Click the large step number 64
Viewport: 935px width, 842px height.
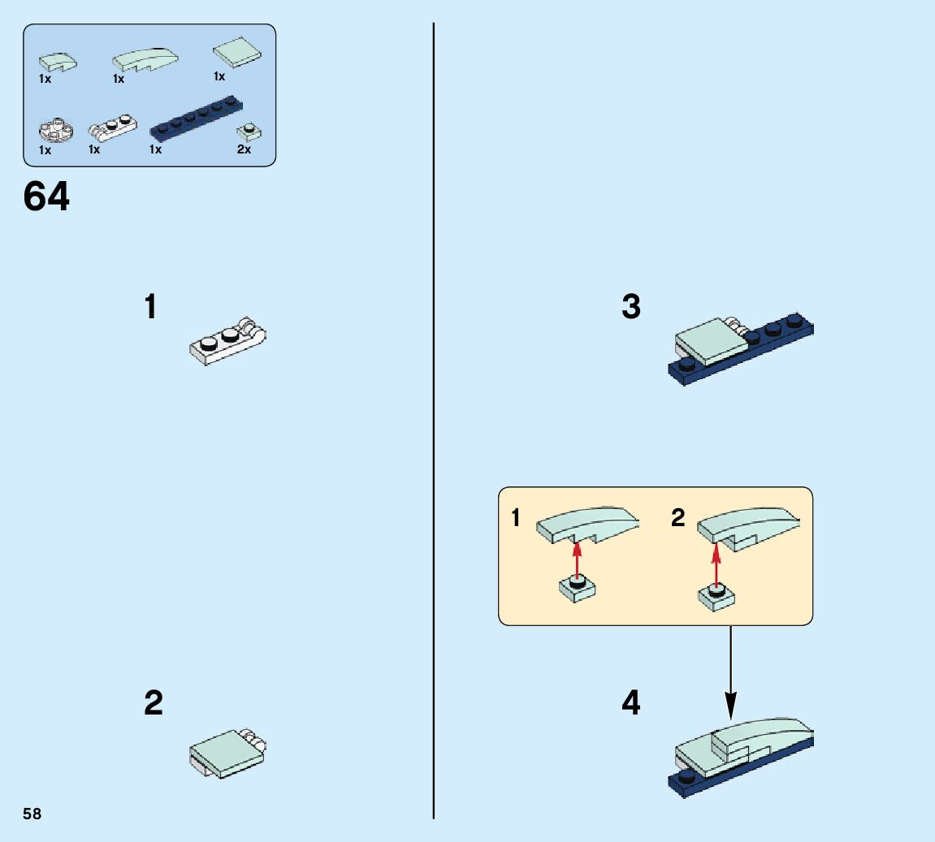click(x=46, y=196)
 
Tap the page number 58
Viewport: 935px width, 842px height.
click(x=32, y=814)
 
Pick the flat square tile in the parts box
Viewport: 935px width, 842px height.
click(x=236, y=52)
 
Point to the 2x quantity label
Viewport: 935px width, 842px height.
click(x=244, y=149)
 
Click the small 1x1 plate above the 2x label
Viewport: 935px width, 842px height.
click(x=248, y=132)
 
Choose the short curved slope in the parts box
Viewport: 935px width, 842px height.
click(x=58, y=62)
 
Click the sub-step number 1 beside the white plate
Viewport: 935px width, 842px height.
click(x=150, y=308)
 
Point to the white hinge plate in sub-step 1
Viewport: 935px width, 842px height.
click(x=227, y=342)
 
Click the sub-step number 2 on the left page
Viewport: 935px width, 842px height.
click(x=153, y=703)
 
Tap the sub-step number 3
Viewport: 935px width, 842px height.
click(x=631, y=308)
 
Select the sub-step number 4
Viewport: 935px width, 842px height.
click(x=631, y=703)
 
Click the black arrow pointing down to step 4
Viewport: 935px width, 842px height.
click(x=730, y=674)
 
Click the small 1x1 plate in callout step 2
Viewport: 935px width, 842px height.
click(x=716, y=598)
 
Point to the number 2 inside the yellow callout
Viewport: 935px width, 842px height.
click(x=678, y=518)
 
